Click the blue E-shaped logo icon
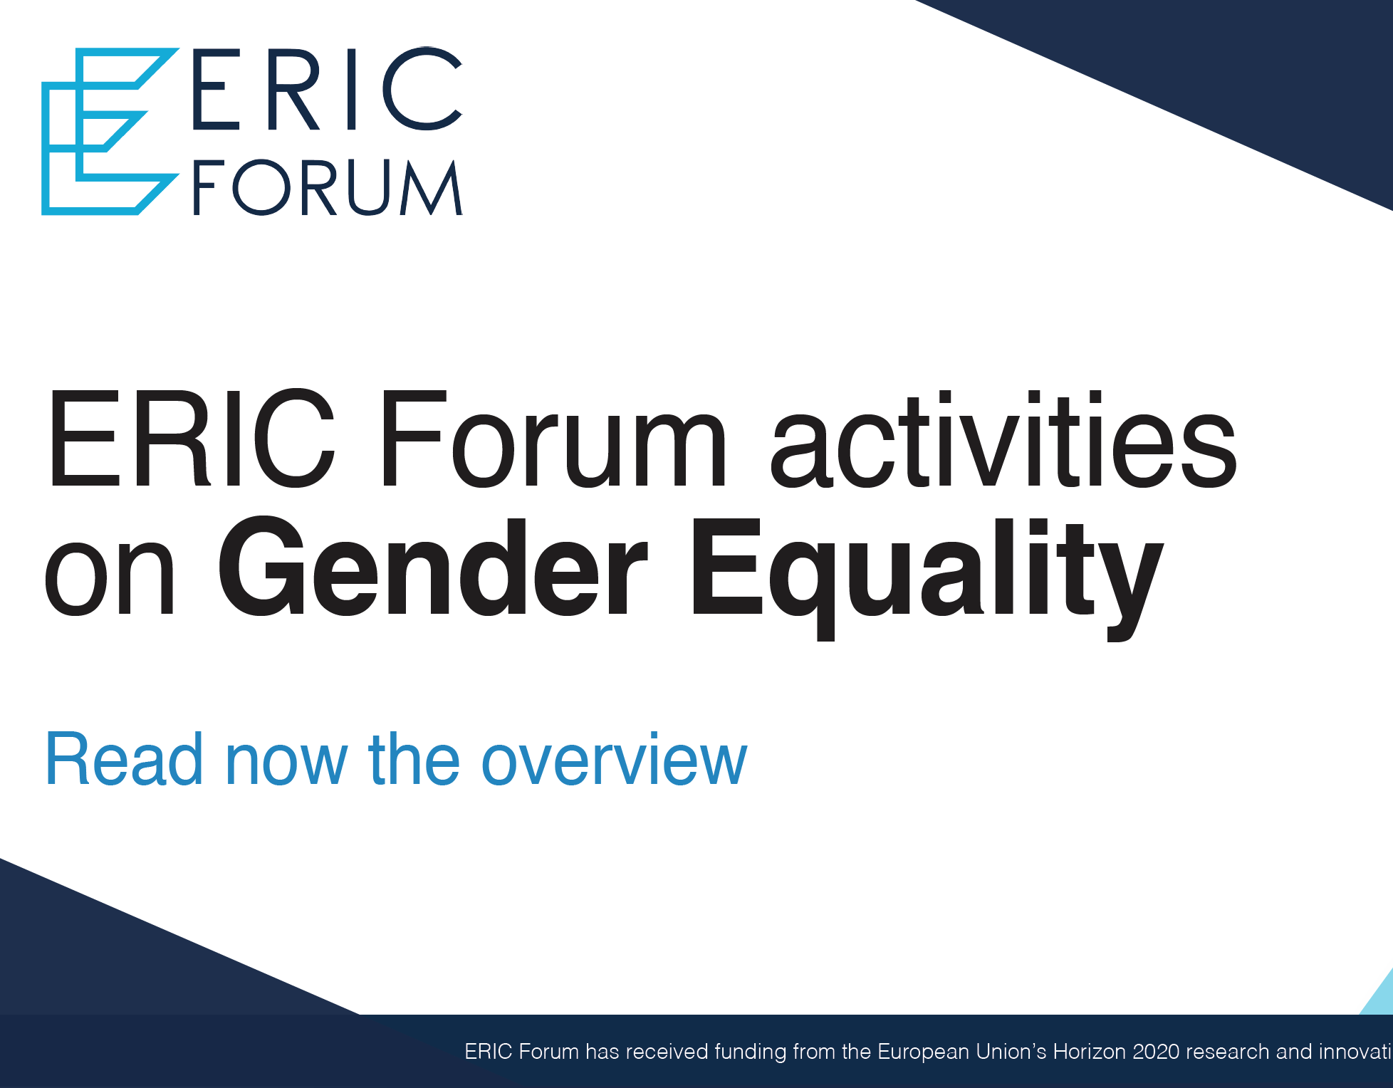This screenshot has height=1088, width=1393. (x=107, y=132)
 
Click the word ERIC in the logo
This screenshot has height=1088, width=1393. (x=328, y=89)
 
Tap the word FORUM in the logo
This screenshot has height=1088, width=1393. (x=328, y=187)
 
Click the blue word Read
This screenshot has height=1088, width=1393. (x=125, y=760)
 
